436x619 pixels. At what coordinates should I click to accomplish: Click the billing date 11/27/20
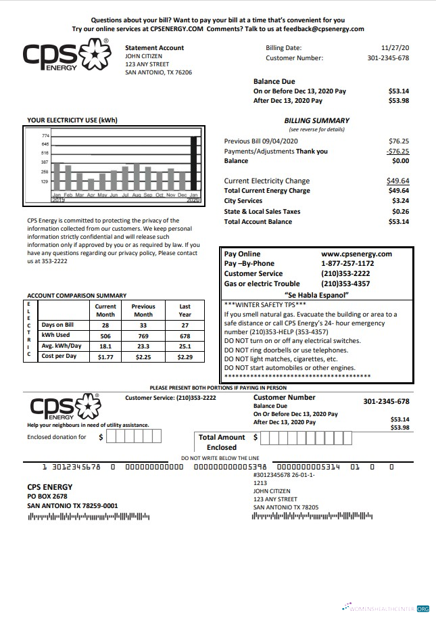pyautogui.click(x=395, y=48)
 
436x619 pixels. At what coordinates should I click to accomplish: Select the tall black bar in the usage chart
pyautogui.click(x=194, y=163)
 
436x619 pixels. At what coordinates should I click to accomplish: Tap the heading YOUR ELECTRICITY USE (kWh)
pyautogui.click(x=72, y=120)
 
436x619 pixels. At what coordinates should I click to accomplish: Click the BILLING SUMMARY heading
pyautogui.click(x=316, y=120)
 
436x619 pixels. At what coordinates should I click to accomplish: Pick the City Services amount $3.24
pyautogui.click(x=400, y=201)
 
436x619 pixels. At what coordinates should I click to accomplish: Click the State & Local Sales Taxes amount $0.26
pyautogui.click(x=400, y=211)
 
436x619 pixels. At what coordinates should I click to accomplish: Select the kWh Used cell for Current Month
pyautogui.click(x=105, y=335)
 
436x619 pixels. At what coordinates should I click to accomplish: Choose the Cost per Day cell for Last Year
pyautogui.click(x=185, y=356)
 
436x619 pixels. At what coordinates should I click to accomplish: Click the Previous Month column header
pyautogui.click(x=143, y=311)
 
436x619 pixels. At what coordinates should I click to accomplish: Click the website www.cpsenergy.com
pyautogui.click(x=356, y=254)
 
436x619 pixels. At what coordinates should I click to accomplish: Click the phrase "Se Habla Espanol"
pyautogui.click(x=317, y=295)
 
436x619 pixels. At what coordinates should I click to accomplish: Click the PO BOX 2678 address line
pyautogui.click(x=47, y=496)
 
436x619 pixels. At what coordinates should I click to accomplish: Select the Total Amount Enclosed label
pyautogui.click(x=222, y=442)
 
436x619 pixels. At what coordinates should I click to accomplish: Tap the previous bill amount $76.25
pyautogui.click(x=398, y=141)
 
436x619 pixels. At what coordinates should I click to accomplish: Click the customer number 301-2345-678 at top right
pyautogui.click(x=388, y=58)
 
